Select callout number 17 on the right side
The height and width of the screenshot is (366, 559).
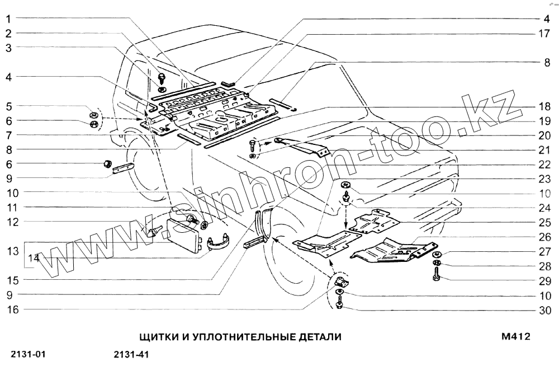[544, 34]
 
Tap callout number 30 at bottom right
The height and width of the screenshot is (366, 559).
[544, 311]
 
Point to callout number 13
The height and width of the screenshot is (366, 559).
[12, 250]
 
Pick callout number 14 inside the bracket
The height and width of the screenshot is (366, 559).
[34, 258]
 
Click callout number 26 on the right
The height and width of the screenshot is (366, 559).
[544, 236]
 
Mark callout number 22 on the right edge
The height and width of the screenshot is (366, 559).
[544, 165]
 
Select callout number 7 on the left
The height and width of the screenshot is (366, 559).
[10, 135]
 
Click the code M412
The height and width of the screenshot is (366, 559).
[515, 337]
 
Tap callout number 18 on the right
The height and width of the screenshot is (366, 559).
[544, 106]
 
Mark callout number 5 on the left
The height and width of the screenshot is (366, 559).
[10, 106]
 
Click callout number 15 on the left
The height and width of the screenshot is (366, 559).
[12, 280]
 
